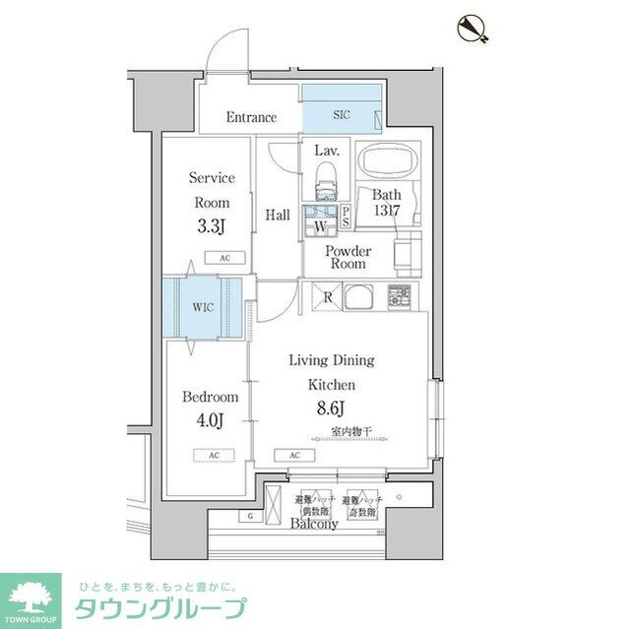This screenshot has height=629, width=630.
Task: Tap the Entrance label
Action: coord(251,118)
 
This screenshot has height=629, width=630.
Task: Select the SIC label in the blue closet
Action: coord(341,115)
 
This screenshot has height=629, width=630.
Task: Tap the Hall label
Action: coord(277,214)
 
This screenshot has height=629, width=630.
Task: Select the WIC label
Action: coord(203,307)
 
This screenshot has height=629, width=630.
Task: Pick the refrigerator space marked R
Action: coord(326,295)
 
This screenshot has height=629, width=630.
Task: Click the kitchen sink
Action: coord(360,294)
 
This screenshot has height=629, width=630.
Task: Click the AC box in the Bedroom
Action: coord(212,456)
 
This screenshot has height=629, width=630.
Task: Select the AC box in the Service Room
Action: coord(225,258)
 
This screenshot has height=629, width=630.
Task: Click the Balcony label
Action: coord(314,524)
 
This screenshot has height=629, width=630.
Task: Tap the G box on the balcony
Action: coord(250,516)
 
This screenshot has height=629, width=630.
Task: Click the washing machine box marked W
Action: coord(321,227)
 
